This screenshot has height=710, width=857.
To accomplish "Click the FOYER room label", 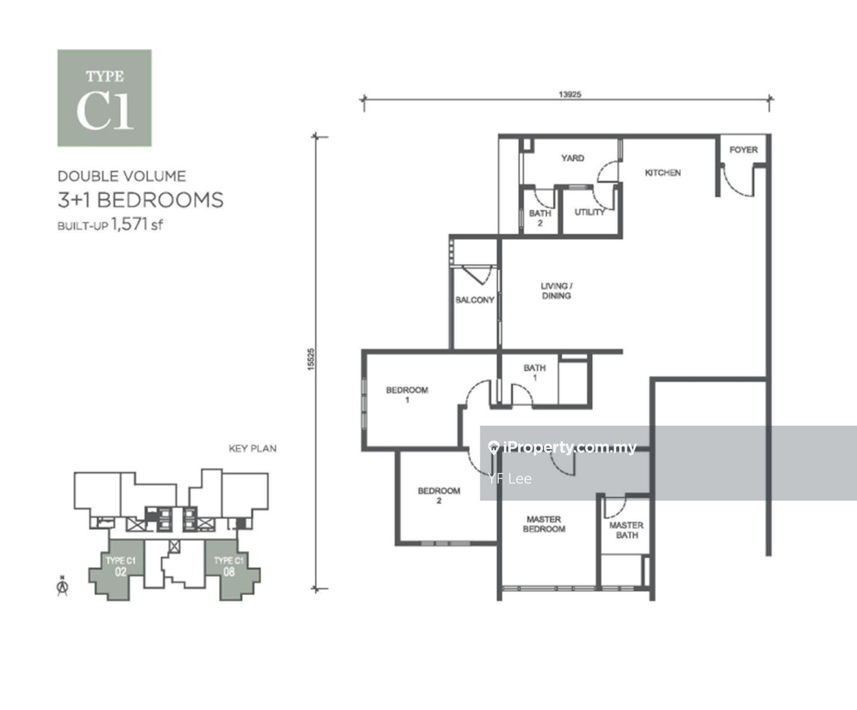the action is click(743, 150).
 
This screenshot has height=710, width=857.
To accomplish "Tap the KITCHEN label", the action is click(663, 172).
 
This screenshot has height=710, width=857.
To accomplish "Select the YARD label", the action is click(573, 158).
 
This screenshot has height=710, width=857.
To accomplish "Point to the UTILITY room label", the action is click(589, 212).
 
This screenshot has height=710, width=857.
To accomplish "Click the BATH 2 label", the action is click(540, 218).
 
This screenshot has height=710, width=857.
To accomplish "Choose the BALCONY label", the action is click(475, 300).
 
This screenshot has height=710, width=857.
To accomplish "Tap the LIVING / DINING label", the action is click(556, 291).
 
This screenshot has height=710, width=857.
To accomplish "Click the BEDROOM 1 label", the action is click(407, 395).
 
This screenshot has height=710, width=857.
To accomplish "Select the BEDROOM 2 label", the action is click(439, 495).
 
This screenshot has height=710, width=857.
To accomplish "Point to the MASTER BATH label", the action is click(626, 530).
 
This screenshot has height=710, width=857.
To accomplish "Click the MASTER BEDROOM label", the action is click(544, 524).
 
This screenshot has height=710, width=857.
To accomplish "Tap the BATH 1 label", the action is click(534, 372).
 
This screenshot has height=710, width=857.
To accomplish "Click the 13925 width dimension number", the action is click(570, 95).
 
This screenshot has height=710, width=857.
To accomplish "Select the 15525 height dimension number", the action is click(311, 360).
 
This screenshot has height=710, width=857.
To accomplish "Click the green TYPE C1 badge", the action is click(104, 98).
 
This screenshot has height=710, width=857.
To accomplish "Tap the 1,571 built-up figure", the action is click(129, 224).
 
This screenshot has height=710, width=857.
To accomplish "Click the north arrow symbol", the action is click(62, 586).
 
